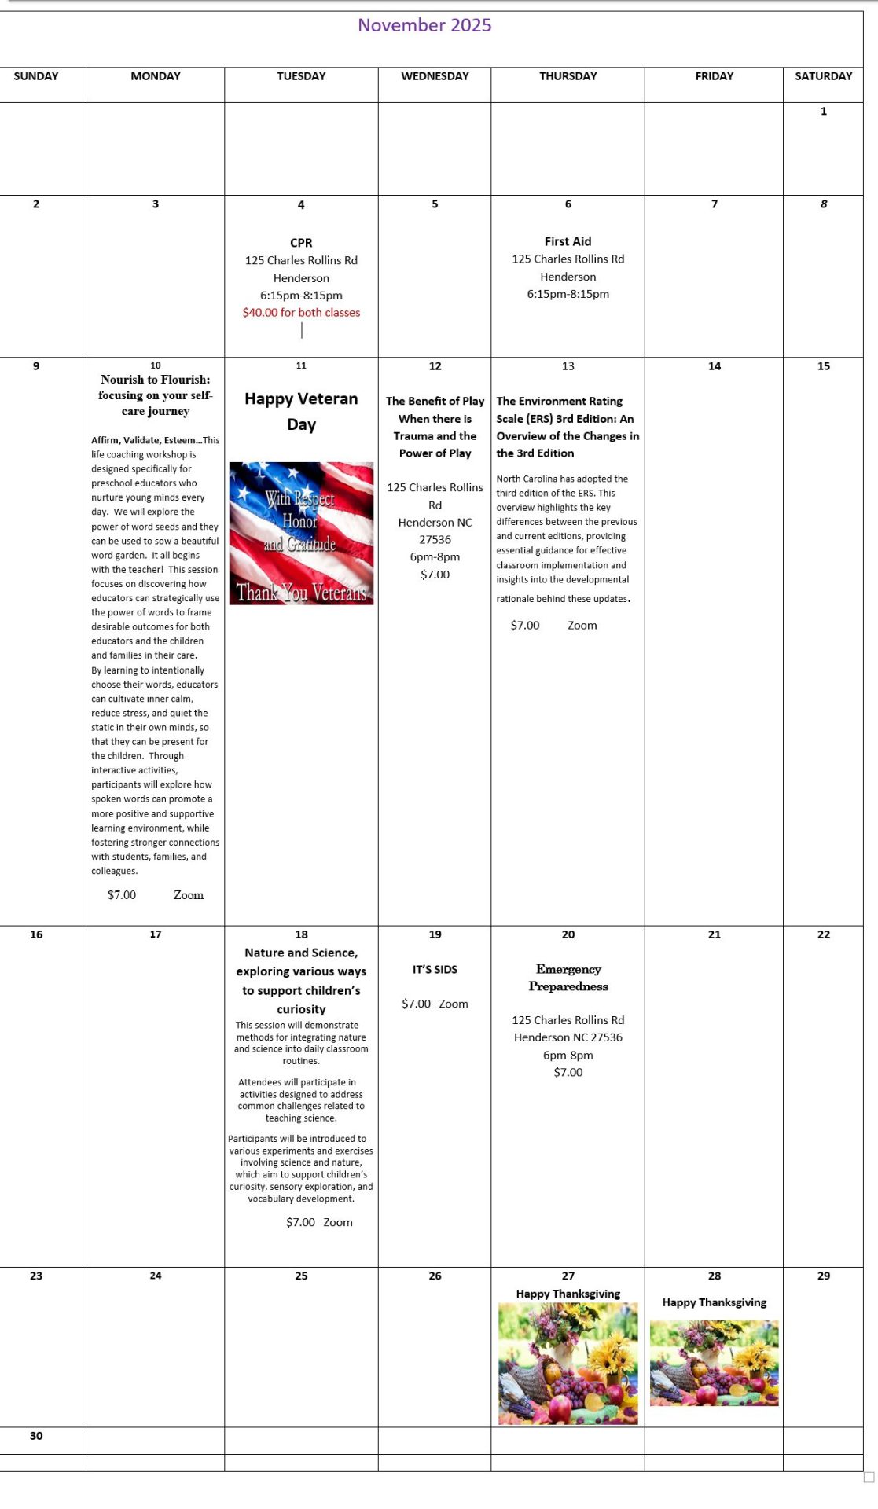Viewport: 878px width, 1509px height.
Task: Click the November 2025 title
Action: (x=424, y=25)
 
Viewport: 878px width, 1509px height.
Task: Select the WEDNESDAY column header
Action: (x=435, y=76)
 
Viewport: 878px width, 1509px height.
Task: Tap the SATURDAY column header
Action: (x=823, y=76)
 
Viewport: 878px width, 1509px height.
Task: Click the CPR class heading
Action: (x=301, y=243)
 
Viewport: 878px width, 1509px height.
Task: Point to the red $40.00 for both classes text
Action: (x=301, y=312)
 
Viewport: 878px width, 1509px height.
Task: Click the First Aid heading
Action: (x=568, y=241)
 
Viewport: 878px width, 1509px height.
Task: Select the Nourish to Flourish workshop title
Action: (x=155, y=395)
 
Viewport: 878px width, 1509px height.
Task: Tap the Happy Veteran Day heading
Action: (x=301, y=411)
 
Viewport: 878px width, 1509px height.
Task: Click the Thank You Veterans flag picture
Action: (x=301, y=533)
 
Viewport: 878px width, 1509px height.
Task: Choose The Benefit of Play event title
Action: (x=435, y=427)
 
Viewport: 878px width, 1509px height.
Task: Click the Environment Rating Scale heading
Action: (x=568, y=427)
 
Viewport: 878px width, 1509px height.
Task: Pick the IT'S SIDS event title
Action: (x=435, y=969)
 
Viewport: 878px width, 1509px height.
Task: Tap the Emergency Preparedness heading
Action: (x=568, y=978)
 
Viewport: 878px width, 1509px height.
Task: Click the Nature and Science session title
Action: (x=301, y=980)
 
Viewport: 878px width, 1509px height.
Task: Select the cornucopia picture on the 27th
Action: (x=568, y=1364)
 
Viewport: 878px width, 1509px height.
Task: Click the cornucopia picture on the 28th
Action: (x=714, y=1363)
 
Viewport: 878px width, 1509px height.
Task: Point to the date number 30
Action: (x=36, y=1436)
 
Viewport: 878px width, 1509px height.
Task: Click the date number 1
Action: (x=823, y=112)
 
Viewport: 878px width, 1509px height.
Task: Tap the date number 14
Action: (x=714, y=366)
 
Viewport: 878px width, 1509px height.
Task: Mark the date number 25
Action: (x=301, y=1276)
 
